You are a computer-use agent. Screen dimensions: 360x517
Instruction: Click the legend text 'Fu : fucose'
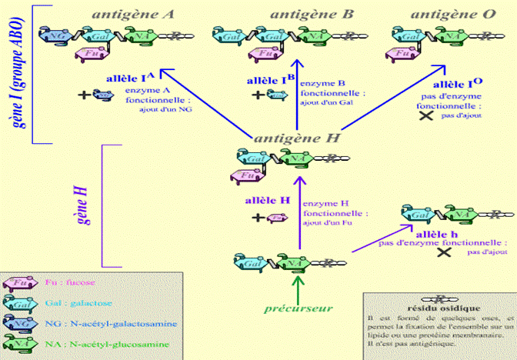click(x=72, y=282)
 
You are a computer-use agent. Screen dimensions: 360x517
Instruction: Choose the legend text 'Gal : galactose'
click(x=77, y=303)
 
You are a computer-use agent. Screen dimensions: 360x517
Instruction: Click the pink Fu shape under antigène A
click(x=91, y=52)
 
